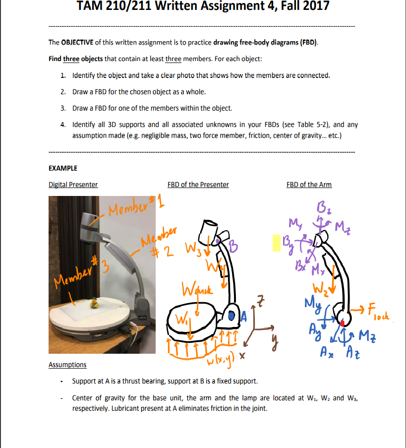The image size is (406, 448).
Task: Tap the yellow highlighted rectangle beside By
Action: click(x=276, y=243)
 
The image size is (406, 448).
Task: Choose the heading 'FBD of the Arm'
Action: click(x=309, y=185)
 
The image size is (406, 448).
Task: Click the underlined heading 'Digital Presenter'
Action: click(x=73, y=185)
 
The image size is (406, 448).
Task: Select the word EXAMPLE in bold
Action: click(x=63, y=168)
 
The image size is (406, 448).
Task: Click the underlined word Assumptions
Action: click(x=67, y=365)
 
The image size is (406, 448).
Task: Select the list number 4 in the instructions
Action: click(x=63, y=124)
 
